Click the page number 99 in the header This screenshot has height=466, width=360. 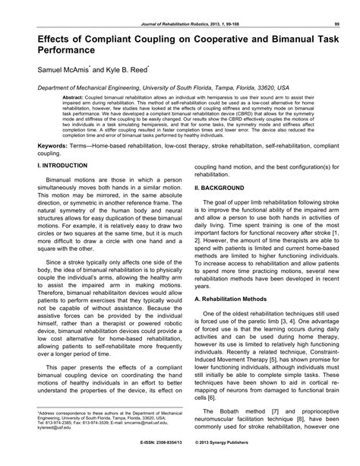(336, 6)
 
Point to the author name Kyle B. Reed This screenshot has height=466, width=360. (133, 68)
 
